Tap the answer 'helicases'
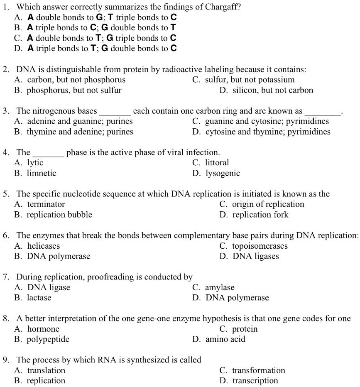point(43,246)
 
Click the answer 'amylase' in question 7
point(220,287)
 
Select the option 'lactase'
point(39,298)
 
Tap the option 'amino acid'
point(225,339)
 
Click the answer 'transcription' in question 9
point(255,381)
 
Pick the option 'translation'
point(46,370)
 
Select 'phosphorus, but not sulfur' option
point(74,90)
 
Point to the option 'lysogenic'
point(223,173)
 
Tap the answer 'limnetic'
point(41,173)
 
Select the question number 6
point(6,235)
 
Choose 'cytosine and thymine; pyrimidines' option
point(268,132)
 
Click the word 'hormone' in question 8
point(43,329)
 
